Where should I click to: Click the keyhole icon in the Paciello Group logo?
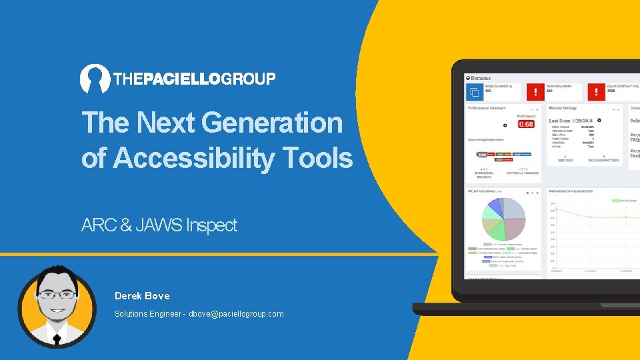click(x=95, y=78)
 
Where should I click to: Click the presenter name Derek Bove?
click(x=142, y=295)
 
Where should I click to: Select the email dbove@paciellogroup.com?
click(x=236, y=313)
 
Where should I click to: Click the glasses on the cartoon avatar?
click(x=56, y=294)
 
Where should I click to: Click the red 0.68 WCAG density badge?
click(x=526, y=124)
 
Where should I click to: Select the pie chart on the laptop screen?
click(x=503, y=219)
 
